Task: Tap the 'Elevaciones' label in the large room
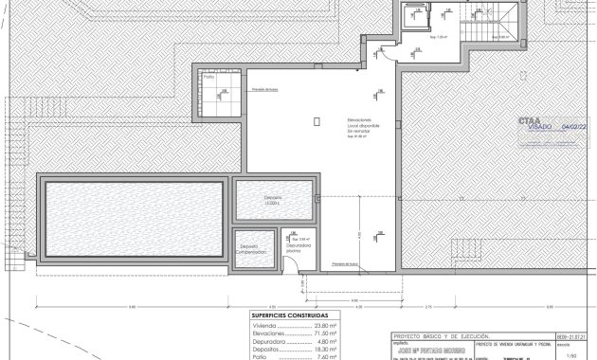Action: [x=332, y=118]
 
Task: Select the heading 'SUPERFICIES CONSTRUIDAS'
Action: [x=291, y=315]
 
